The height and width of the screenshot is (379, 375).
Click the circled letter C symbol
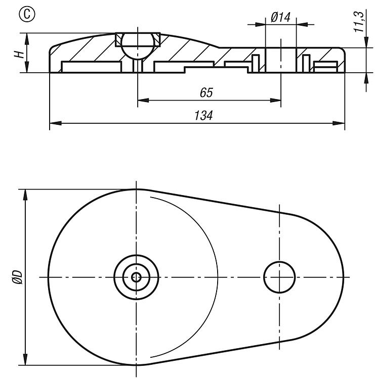(x=27, y=14)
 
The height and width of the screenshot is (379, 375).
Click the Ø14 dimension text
(x=280, y=17)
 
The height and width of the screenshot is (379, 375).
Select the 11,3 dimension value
(x=359, y=22)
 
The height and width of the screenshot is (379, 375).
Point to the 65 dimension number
(x=206, y=92)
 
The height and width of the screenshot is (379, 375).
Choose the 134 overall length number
(x=203, y=115)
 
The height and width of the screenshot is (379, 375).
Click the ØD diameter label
(x=17, y=277)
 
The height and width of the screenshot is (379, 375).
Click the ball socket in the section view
(x=138, y=46)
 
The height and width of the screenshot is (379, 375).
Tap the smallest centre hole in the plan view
(x=136, y=277)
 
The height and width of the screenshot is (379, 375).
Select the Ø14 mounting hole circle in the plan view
(x=279, y=277)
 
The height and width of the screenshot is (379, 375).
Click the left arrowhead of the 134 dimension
(x=56, y=123)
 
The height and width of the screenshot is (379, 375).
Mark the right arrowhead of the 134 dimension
(x=339, y=123)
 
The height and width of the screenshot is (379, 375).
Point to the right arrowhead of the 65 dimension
(x=275, y=101)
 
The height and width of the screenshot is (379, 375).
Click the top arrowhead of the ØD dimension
(x=25, y=195)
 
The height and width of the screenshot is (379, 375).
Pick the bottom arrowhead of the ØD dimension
(x=25, y=359)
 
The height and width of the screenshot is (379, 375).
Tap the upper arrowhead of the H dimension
(x=27, y=39)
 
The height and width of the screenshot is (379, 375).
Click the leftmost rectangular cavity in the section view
(x=92, y=67)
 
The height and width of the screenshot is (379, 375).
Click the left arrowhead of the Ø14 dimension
(x=260, y=24)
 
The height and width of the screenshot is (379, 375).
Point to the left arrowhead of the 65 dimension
(x=143, y=101)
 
